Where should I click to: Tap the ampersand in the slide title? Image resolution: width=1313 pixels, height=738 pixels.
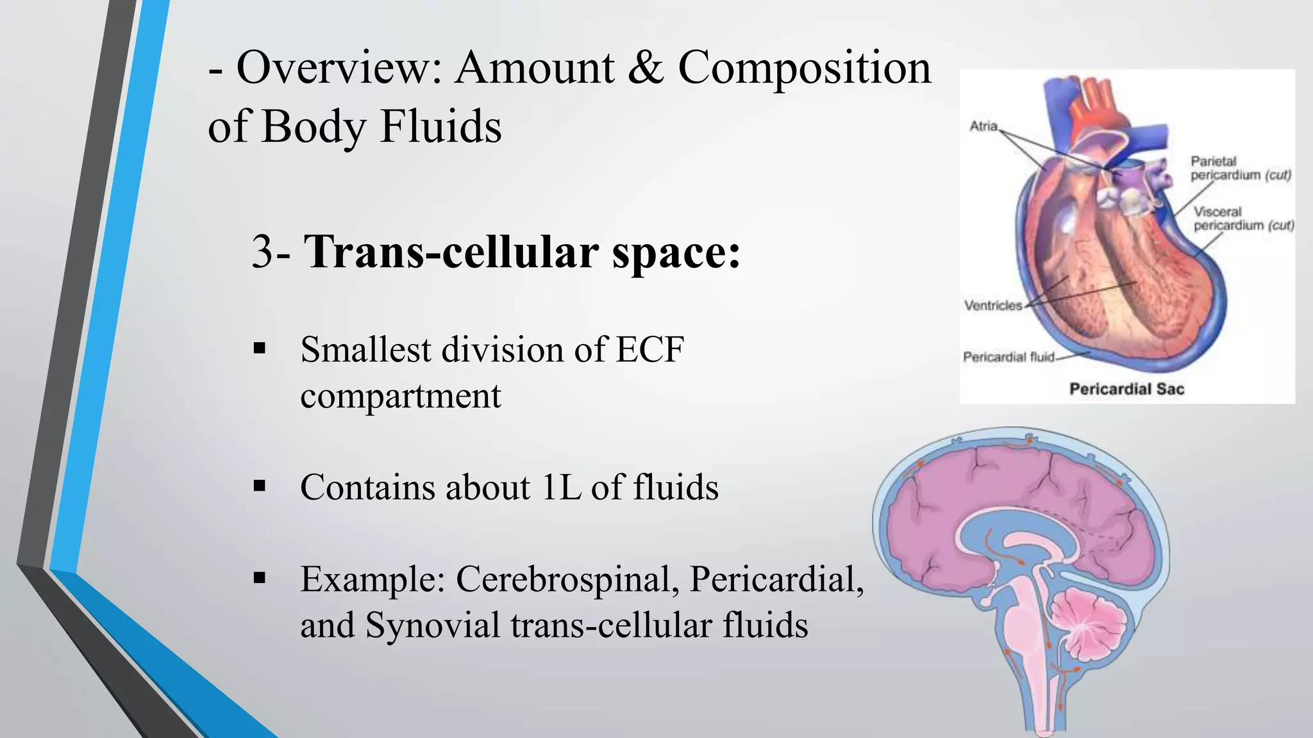pyautogui.click(x=645, y=68)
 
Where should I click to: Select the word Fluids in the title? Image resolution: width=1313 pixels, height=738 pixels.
pyautogui.click(x=440, y=126)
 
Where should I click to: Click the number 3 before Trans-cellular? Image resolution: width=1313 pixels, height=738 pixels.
pyautogui.click(x=263, y=252)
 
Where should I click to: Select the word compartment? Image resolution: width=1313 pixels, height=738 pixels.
pyautogui.click(x=400, y=396)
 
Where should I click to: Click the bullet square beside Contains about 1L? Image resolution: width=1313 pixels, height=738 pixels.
pyautogui.click(x=260, y=486)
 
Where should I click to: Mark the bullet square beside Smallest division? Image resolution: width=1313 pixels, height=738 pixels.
pyautogui.click(x=260, y=349)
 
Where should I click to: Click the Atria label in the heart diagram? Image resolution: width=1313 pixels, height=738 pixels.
pyautogui.click(x=983, y=126)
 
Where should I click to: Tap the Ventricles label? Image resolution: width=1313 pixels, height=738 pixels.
pyautogui.click(x=993, y=306)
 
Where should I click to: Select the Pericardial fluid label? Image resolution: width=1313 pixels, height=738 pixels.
pyautogui.click(x=1008, y=357)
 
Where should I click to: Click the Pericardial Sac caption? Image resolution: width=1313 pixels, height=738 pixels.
pyautogui.click(x=1126, y=389)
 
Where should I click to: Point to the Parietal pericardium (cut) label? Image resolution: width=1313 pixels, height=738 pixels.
pyautogui.click(x=1240, y=168)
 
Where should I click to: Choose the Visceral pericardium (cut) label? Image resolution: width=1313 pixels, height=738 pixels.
pyautogui.click(x=1243, y=218)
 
